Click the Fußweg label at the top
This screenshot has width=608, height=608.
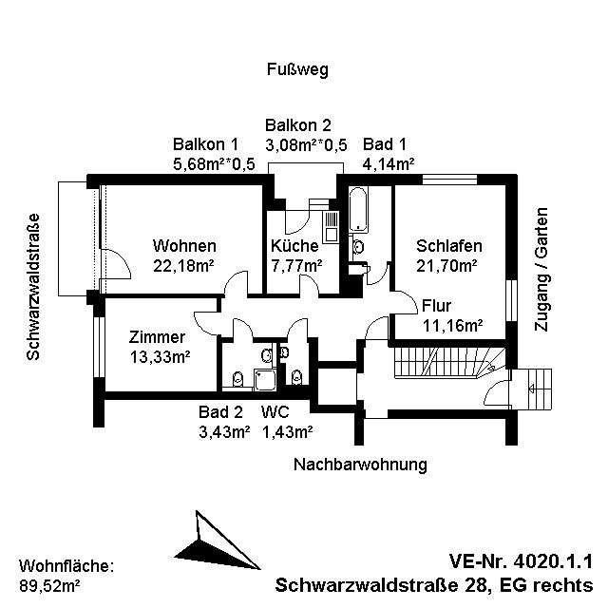click(x=296, y=70)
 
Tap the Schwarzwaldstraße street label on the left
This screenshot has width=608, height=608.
click(x=32, y=286)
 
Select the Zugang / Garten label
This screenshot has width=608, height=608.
click(x=542, y=269)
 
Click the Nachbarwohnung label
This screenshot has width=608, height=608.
click(x=360, y=465)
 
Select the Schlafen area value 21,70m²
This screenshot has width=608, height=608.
click(x=446, y=266)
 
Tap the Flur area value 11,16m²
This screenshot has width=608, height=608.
click(x=452, y=325)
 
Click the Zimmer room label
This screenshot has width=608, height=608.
click(x=158, y=337)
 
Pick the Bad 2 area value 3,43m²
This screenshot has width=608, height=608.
click(x=223, y=432)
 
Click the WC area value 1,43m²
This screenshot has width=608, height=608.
click(x=287, y=432)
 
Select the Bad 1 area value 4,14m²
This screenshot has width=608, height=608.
click(x=389, y=163)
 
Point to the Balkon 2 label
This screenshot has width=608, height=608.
click(x=298, y=125)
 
